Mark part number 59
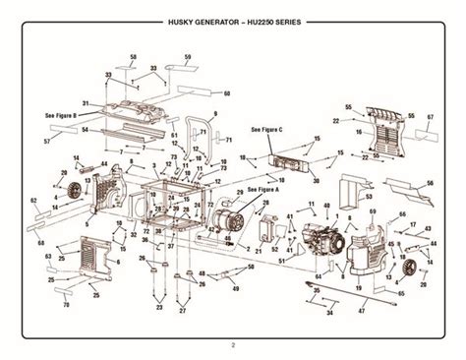[x=184, y=58]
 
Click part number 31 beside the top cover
[x=86, y=102]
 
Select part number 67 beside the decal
[x=430, y=116]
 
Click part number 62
[x=33, y=200]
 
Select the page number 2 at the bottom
[x=233, y=343]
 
